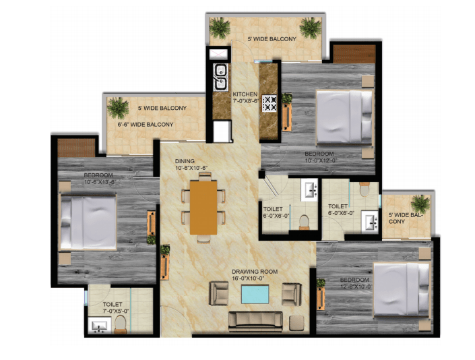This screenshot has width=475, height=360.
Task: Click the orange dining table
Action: pos(203,208)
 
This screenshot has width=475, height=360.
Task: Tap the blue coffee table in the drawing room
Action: pos(255,294)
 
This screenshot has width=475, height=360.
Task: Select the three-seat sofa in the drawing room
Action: pos(255,321)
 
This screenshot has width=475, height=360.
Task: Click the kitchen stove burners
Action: pos(270,103)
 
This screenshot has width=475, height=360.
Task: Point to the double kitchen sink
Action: pos(220,78)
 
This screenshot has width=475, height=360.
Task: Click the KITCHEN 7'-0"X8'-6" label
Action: pos(245,98)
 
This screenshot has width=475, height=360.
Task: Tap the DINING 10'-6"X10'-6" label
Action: pos(191,164)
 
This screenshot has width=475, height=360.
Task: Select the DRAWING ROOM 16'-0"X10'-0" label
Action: pos(255,274)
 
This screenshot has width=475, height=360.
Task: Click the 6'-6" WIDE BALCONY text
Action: pos(146,124)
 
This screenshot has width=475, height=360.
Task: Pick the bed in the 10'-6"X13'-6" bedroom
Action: pos(88,222)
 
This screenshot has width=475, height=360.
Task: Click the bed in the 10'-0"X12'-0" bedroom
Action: pos(344,117)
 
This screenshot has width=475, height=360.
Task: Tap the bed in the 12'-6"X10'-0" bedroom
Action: pos(402,289)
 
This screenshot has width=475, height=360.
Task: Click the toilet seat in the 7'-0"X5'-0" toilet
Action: pos(120,324)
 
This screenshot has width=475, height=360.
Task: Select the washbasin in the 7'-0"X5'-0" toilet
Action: pos(99,325)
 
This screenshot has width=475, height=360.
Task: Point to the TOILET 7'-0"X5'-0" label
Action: pos(115,307)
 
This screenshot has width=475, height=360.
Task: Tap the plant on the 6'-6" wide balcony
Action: pos(117,108)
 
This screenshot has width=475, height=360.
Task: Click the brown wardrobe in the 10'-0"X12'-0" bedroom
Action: pos(354,54)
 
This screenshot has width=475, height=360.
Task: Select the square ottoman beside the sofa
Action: pos(296,323)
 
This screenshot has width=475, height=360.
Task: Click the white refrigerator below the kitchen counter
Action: pos(222,131)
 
